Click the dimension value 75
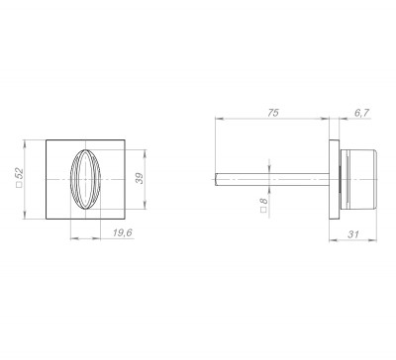273,113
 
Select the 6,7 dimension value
361,113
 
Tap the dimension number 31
353,234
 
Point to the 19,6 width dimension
123,232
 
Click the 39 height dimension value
140,178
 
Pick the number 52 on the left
20,173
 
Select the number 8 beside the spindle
263,201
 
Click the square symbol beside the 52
19,185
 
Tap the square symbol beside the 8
263,210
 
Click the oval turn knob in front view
85,180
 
